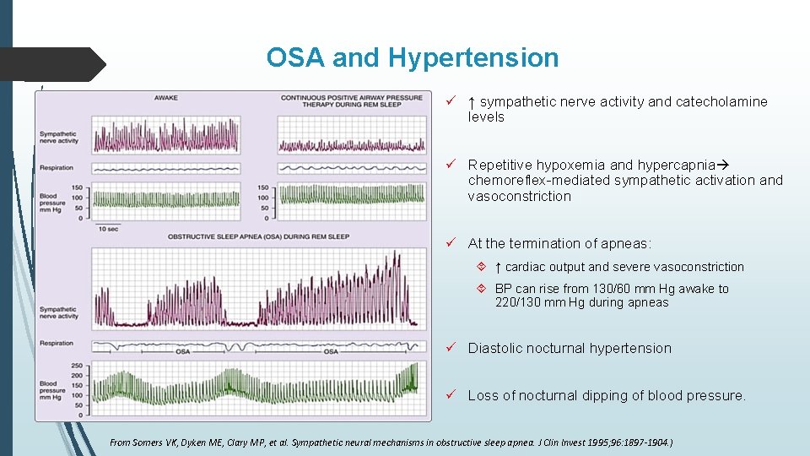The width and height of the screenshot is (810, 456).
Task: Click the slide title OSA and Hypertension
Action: click(x=412, y=57)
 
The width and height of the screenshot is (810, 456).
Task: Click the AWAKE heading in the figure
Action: click(x=166, y=98)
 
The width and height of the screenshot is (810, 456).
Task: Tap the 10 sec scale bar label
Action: click(x=107, y=229)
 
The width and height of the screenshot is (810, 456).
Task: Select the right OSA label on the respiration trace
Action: click(x=331, y=351)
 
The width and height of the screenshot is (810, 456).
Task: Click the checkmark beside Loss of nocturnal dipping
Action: click(x=452, y=395)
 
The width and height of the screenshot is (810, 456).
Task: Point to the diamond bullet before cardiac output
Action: click(x=480, y=267)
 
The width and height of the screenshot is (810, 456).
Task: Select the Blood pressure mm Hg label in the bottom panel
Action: click(x=52, y=391)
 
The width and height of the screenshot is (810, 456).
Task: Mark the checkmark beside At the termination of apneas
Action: click(x=452, y=243)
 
